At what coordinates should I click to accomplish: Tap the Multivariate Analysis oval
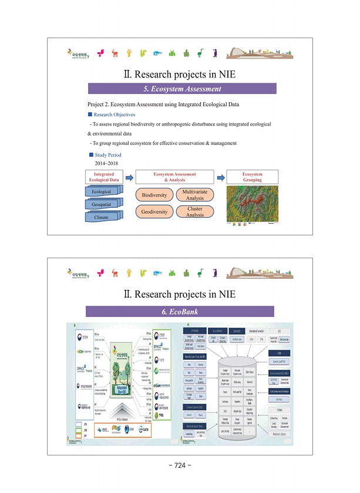tap(195, 195)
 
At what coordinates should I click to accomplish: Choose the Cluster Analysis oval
tap(195, 212)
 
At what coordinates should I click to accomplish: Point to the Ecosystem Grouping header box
tap(252, 177)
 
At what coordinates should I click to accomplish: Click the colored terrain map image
tap(252, 205)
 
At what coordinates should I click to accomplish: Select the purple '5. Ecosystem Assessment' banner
tap(181, 89)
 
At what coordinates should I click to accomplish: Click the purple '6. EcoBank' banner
tap(181, 311)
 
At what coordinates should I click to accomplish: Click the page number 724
tap(180, 465)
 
